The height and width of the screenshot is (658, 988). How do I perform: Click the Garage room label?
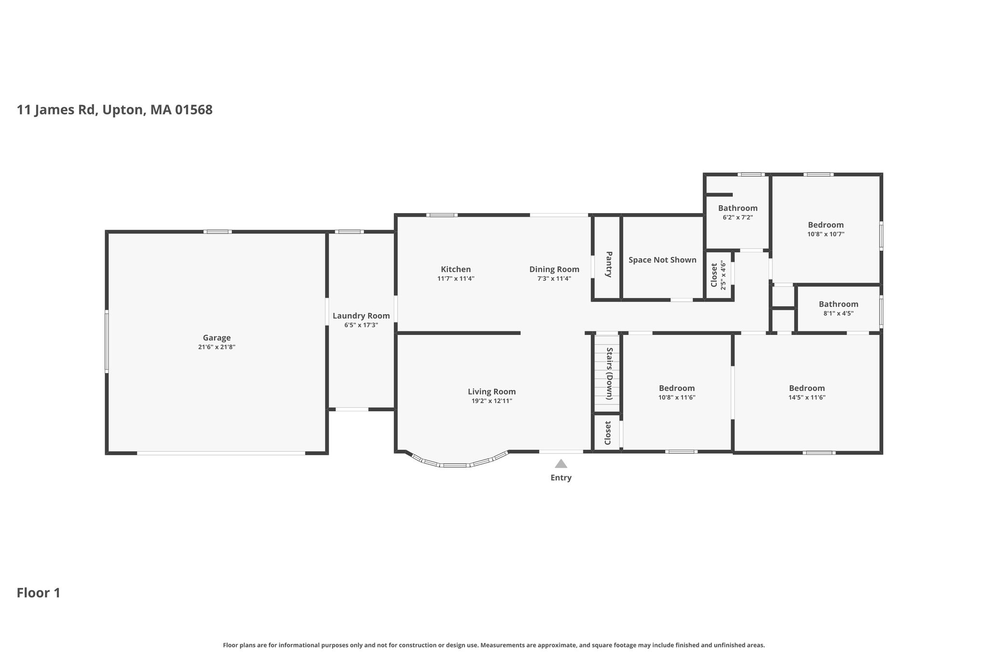(217, 338)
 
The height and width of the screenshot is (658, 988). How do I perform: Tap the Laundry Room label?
(361, 316)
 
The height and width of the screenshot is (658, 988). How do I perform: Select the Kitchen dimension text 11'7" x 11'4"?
(456, 279)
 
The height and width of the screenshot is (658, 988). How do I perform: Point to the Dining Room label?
(554, 269)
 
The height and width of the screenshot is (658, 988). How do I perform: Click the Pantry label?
(608, 264)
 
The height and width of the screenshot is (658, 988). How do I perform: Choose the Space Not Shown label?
(662, 260)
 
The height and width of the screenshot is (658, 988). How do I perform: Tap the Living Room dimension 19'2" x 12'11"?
(492, 401)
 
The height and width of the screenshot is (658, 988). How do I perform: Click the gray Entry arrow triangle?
(561, 464)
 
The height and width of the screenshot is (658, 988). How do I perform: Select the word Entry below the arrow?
(561, 478)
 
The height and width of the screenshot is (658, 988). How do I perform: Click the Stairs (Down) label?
(609, 374)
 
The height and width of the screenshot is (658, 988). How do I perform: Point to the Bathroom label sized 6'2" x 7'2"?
(738, 208)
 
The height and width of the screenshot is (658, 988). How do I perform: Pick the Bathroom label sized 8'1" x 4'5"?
(838, 304)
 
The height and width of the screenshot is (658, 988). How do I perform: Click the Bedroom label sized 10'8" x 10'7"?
(826, 225)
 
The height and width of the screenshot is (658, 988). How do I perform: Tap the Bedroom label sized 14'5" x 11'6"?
(807, 388)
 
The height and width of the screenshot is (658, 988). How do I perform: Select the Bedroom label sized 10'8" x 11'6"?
(677, 388)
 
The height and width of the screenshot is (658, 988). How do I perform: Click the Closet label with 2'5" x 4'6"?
(714, 275)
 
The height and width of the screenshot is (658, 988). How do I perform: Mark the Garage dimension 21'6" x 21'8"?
(217, 347)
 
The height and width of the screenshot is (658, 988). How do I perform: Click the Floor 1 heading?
(39, 593)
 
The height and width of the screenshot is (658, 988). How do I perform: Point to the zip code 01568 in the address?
(194, 110)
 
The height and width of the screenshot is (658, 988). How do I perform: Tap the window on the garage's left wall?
(107, 341)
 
